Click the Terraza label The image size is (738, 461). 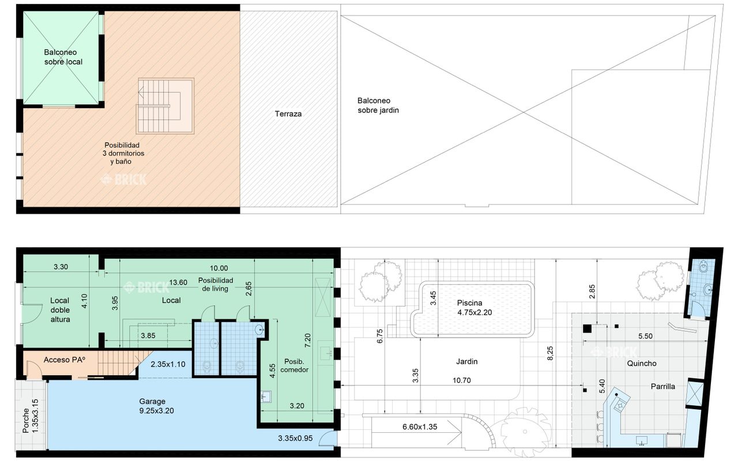pyautogui.click(x=288, y=114)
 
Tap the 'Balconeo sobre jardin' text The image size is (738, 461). pyautogui.click(x=378, y=105)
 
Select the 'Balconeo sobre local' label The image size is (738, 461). pyautogui.click(x=63, y=57)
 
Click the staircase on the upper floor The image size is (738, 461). pyautogui.click(x=165, y=105)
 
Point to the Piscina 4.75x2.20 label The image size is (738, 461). pyautogui.click(x=474, y=308)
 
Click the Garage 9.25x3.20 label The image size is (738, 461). pyautogui.click(x=156, y=406)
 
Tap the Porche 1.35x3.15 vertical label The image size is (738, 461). pyautogui.click(x=31, y=416)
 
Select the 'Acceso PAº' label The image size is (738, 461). pyautogui.click(x=64, y=360)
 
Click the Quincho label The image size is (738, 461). pyautogui.click(x=642, y=363)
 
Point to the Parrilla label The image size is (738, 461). pyautogui.click(x=662, y=386)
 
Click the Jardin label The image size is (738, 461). pyautogui.click(x=466, y=361)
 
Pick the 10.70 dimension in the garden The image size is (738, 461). pyautogui.click(x=462, y=380)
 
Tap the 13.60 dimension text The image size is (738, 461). pyautogui.click(x=178, y=282)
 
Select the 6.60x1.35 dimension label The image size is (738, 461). pyautogui.click(x=420, y=427)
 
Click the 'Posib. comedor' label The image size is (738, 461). pyautogui.click(x=294, y=365)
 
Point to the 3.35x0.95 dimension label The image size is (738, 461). pyautogui.click(x=295, y=439)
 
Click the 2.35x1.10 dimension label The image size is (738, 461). pyautogui.click(x=168, y=364)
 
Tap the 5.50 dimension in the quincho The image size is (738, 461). pyautogui.click(x=645, y=336)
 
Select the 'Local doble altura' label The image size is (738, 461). pyautogui.click(x=60, y=310)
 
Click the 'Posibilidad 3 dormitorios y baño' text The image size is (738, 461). pyautogui.click(x=123, y=153)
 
